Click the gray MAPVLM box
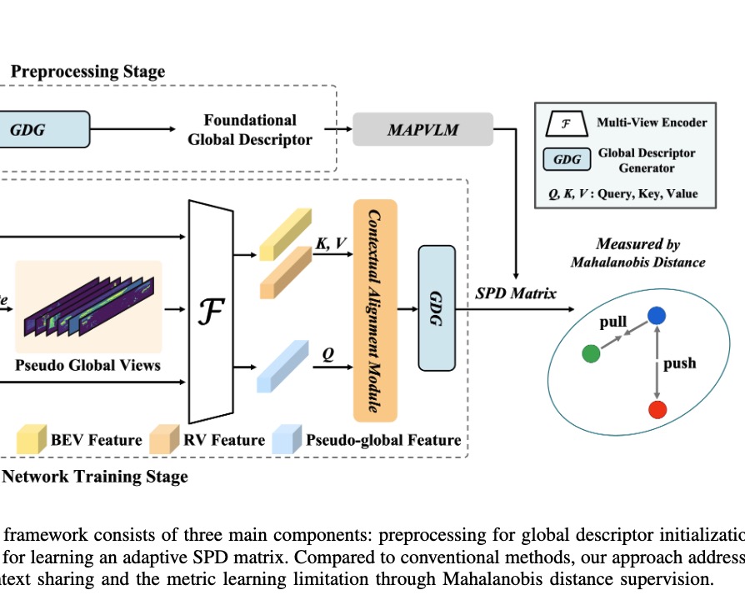[422, 129]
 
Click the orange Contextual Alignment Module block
[375, 310]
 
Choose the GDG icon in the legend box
[567, 159]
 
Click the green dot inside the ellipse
[591, 353]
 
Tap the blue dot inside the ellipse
[657, 315]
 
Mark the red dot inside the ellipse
[657, 409]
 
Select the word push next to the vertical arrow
[679, 363]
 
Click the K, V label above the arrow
[330, 241]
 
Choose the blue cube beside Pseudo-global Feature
[286, 438]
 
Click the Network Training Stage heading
[96, 477]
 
